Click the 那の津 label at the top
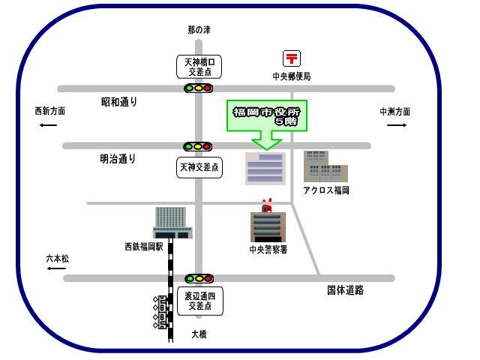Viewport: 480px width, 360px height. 199,30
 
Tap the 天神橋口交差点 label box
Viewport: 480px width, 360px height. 199,67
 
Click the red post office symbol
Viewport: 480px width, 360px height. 291,58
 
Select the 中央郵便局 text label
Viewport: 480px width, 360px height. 291,76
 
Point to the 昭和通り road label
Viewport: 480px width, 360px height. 119,101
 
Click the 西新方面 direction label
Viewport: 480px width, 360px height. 49,111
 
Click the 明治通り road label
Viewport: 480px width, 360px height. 118,159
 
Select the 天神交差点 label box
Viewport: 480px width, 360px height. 199,167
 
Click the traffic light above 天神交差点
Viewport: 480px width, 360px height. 199,146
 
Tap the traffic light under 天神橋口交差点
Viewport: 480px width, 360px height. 199,88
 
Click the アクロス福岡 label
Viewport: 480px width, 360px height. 325,190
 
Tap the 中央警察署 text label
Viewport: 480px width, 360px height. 268,250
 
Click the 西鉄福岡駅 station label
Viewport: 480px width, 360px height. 144,246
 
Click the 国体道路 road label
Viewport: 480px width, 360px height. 345,290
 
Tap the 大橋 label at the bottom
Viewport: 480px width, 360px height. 199,334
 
